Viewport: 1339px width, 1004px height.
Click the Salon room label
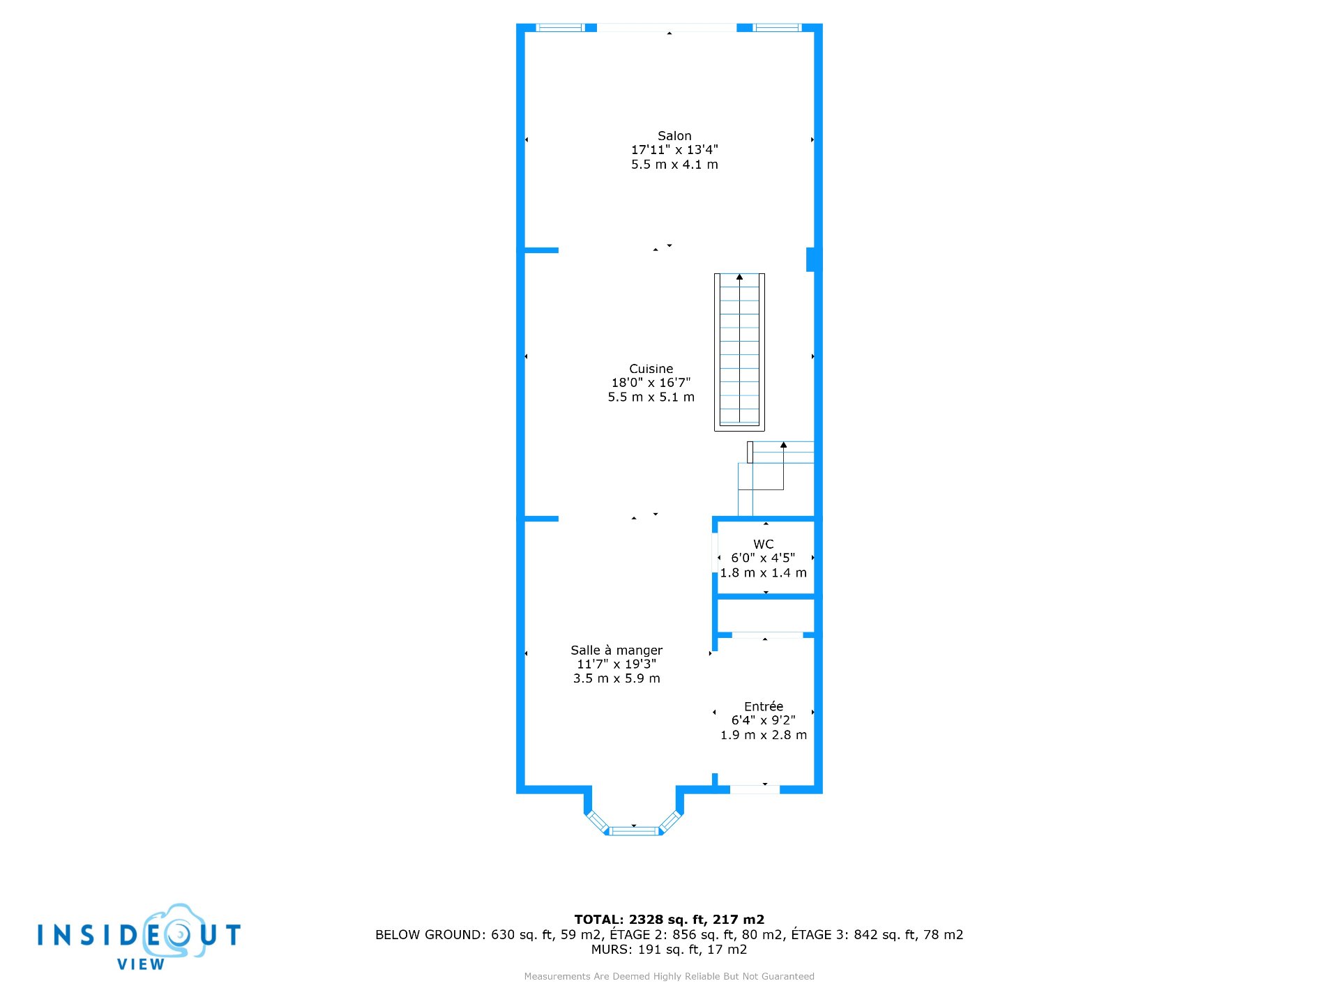(x=674, y=136)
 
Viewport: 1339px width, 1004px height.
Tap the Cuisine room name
(x=651, y=369)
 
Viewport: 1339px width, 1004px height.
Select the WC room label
(x=764, y=545)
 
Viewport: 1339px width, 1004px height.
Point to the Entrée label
(x=764, y=706)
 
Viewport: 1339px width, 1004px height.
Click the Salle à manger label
(x=616, y=651)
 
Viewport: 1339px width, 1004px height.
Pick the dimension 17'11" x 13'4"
(x=674, y=150)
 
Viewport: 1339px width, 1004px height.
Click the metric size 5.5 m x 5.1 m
(x=651, y=397)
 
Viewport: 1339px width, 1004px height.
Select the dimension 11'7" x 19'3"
(x=616, y=664)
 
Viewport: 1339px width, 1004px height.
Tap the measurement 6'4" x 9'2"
(x=764, y=720)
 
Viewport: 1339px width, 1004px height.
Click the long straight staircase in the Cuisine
(x=739, y=352)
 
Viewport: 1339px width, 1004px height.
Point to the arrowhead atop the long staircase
(x=739, y=277)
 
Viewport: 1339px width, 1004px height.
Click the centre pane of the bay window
(x=634, y=830)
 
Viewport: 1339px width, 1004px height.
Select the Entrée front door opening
(x=755, y=789)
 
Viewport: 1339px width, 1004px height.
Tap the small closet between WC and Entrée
(x=766, y=616)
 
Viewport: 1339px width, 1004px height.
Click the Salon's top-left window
(x=559, y=28)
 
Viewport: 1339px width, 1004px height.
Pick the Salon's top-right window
(x=778, y=28)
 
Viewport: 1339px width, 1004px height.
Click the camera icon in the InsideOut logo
(x=174, y=931)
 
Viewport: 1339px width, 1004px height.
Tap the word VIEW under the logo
(x=141, y=965)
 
